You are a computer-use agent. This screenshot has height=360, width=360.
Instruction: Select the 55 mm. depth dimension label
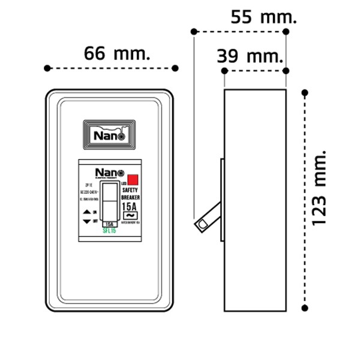click(x=264, y=16)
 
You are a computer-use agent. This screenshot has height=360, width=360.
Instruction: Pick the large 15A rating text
click(x=130, y=207)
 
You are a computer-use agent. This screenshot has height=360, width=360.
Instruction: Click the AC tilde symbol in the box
click(x=130, y=217)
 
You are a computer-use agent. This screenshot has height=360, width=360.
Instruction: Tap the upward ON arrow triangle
click(x=86, y=212)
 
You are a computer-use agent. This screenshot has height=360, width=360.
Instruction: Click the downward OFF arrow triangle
click(x=86, y=221)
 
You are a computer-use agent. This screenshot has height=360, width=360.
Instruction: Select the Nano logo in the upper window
click(x=110, y=136)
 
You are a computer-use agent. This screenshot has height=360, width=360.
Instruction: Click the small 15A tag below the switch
click(x=110, y=224)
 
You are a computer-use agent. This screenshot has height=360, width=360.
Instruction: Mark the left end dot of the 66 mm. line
click(x=47, y=68)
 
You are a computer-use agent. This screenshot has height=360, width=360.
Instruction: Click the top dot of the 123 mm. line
click(x=305, y=92)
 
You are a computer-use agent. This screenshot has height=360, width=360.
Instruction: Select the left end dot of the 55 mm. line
click(x=194, y=31)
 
